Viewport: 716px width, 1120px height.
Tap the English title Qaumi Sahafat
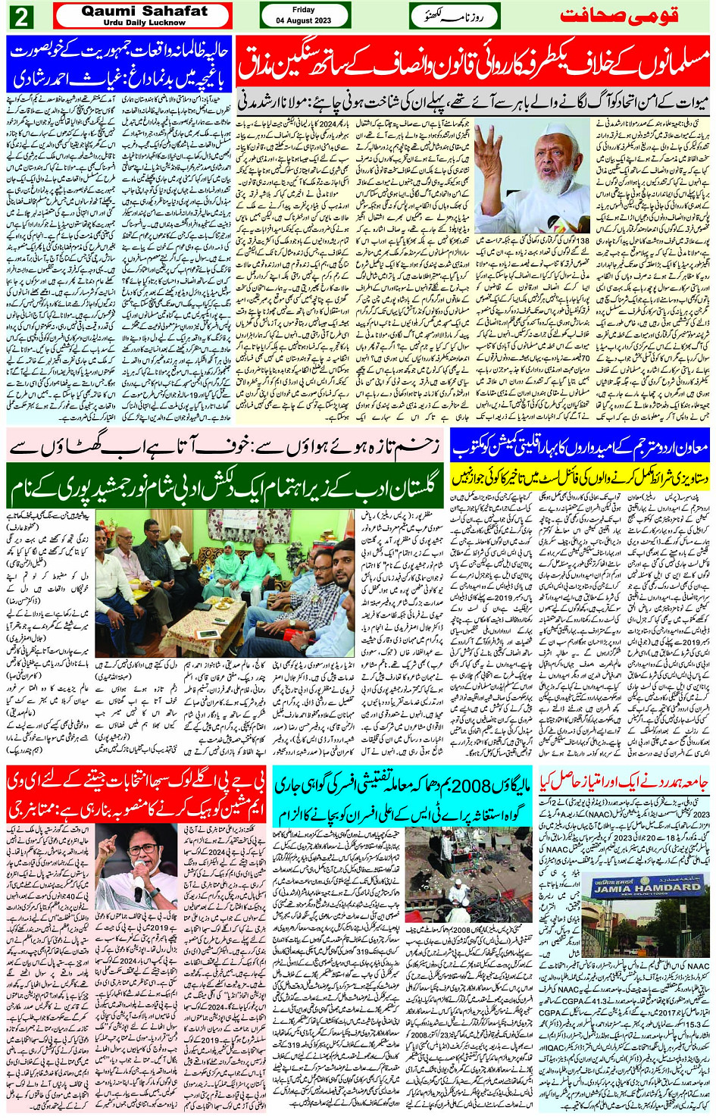click(x=144, y=11)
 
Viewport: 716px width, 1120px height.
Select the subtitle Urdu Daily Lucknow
click(x=144, y=23)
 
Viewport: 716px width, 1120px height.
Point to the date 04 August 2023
click(x=305, y=20)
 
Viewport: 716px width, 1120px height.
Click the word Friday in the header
click(x=304, y=10)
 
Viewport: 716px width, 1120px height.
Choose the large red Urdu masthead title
click(x=619, y=15)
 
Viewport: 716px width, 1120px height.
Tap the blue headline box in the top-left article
click(x=118, y=65)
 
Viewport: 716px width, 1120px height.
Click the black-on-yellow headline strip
click(x=580, y=477)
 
